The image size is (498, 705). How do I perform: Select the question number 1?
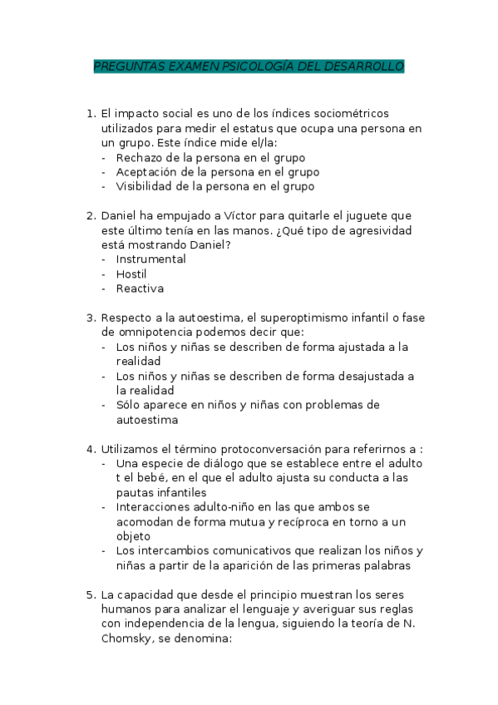coord(91,113)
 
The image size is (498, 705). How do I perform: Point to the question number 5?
coord(91,595)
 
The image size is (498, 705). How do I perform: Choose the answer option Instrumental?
coord(150,259)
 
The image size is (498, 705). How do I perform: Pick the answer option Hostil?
coord(131,274)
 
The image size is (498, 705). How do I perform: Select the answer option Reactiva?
coord(140,288)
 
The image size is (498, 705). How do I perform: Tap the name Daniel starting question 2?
coord(120,214)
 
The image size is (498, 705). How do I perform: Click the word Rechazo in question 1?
coord(140,157)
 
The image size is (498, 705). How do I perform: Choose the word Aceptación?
coord(149,172)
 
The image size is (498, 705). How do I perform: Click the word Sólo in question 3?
coord(129,405)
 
